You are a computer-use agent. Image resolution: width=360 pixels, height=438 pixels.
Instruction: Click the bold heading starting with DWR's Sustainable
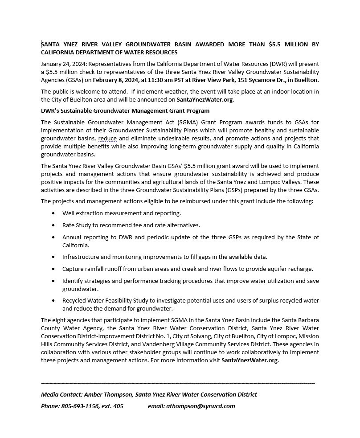point(125,111)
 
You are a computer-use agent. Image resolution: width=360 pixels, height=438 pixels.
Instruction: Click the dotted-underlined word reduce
point(107,139)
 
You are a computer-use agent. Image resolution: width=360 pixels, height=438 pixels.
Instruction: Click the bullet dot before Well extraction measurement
point(54,213)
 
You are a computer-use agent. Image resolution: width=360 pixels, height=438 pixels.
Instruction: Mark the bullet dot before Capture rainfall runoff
point(54,269)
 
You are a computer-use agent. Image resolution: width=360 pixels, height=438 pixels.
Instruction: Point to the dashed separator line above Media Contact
point(178,383)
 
